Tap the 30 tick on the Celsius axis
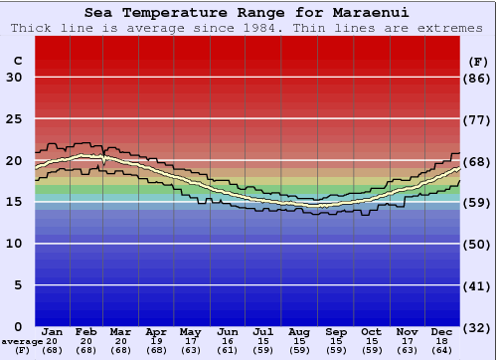(14, 78)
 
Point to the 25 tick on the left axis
(14, 119)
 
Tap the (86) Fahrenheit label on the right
(478, 78)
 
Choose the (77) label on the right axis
(478, 119)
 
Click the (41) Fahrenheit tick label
(478, 285)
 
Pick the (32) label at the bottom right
(478, 327)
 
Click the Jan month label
(53, 332)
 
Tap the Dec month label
(441, 332)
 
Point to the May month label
(190, 332)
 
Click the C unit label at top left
(17, 61)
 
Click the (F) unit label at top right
(478, 61)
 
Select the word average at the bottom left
(21, 341)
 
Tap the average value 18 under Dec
(441, 341)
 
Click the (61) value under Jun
(228, 350)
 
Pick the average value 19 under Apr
(156, 341)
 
